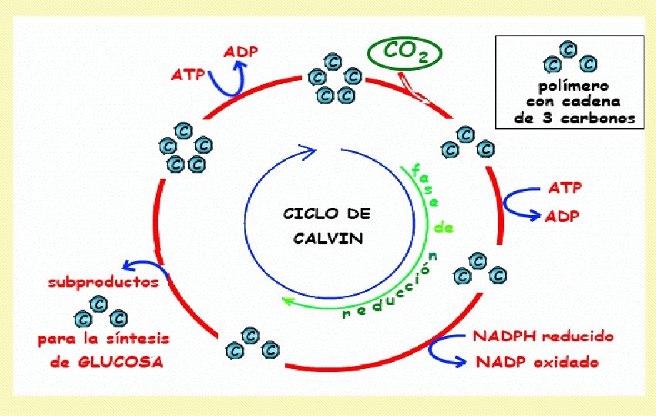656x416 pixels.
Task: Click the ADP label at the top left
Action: [x=241, y=52]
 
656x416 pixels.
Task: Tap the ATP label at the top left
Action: [x=188, y=75]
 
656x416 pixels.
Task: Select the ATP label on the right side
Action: [x=565, y=187]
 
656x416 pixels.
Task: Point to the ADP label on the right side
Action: [x=562, y=216]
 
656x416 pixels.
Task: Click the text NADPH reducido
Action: [x=543, y=337]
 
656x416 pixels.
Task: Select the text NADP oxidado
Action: [x=536, y=361]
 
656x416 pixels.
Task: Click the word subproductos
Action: [x=103, y=282]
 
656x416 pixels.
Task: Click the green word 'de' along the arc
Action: [x=444, y=228]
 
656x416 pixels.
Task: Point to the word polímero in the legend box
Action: [x=569, y=85]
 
